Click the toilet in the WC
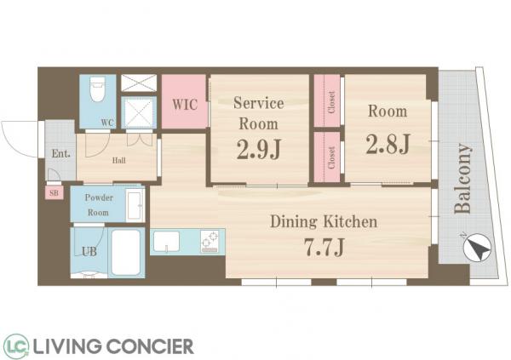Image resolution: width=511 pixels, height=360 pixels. coord(97,89)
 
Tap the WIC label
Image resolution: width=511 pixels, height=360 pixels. coord(185,105)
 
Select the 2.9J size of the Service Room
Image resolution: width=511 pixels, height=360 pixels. coord(259,150)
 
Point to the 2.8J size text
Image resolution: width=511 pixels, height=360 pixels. coord(388,144)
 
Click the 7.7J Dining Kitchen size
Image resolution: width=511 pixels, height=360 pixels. coord(324,248)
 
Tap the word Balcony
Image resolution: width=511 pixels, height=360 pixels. coord(462,179)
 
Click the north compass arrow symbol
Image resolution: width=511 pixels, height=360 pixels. coord(477,249)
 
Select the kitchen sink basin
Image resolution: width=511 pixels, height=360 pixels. coord(166,242)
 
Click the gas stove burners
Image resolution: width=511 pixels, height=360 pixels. coord(210,242)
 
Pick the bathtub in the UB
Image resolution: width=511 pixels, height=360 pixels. coord(126,253)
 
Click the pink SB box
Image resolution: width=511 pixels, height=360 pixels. coord(55,193)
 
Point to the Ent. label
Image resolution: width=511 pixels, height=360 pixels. coord(61,153)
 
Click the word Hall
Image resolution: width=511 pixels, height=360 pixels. coord(119,160)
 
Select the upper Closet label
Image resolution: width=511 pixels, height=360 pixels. coord(331,102)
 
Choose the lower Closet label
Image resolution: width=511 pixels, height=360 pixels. coord(331,158)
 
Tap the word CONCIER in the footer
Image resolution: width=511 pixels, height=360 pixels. coord(150,346)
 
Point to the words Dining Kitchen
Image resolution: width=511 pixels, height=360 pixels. coord(324,222)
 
